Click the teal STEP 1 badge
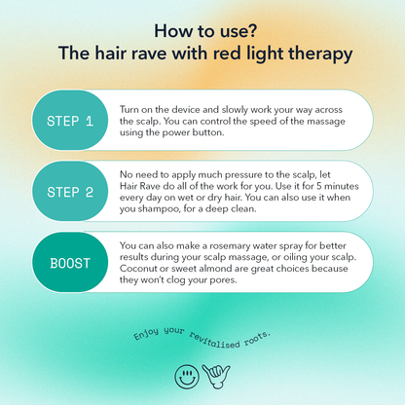point(70,120)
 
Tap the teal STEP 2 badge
point(70,192)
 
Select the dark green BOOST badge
point(70,262)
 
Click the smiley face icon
point(187,376)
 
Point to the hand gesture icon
point(216,376)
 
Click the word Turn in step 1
point(129,109)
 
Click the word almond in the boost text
point(214,269)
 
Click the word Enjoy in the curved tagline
point(147,334)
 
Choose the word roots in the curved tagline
point(257,338)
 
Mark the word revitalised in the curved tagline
point(214,340)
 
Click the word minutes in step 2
point(342,186)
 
